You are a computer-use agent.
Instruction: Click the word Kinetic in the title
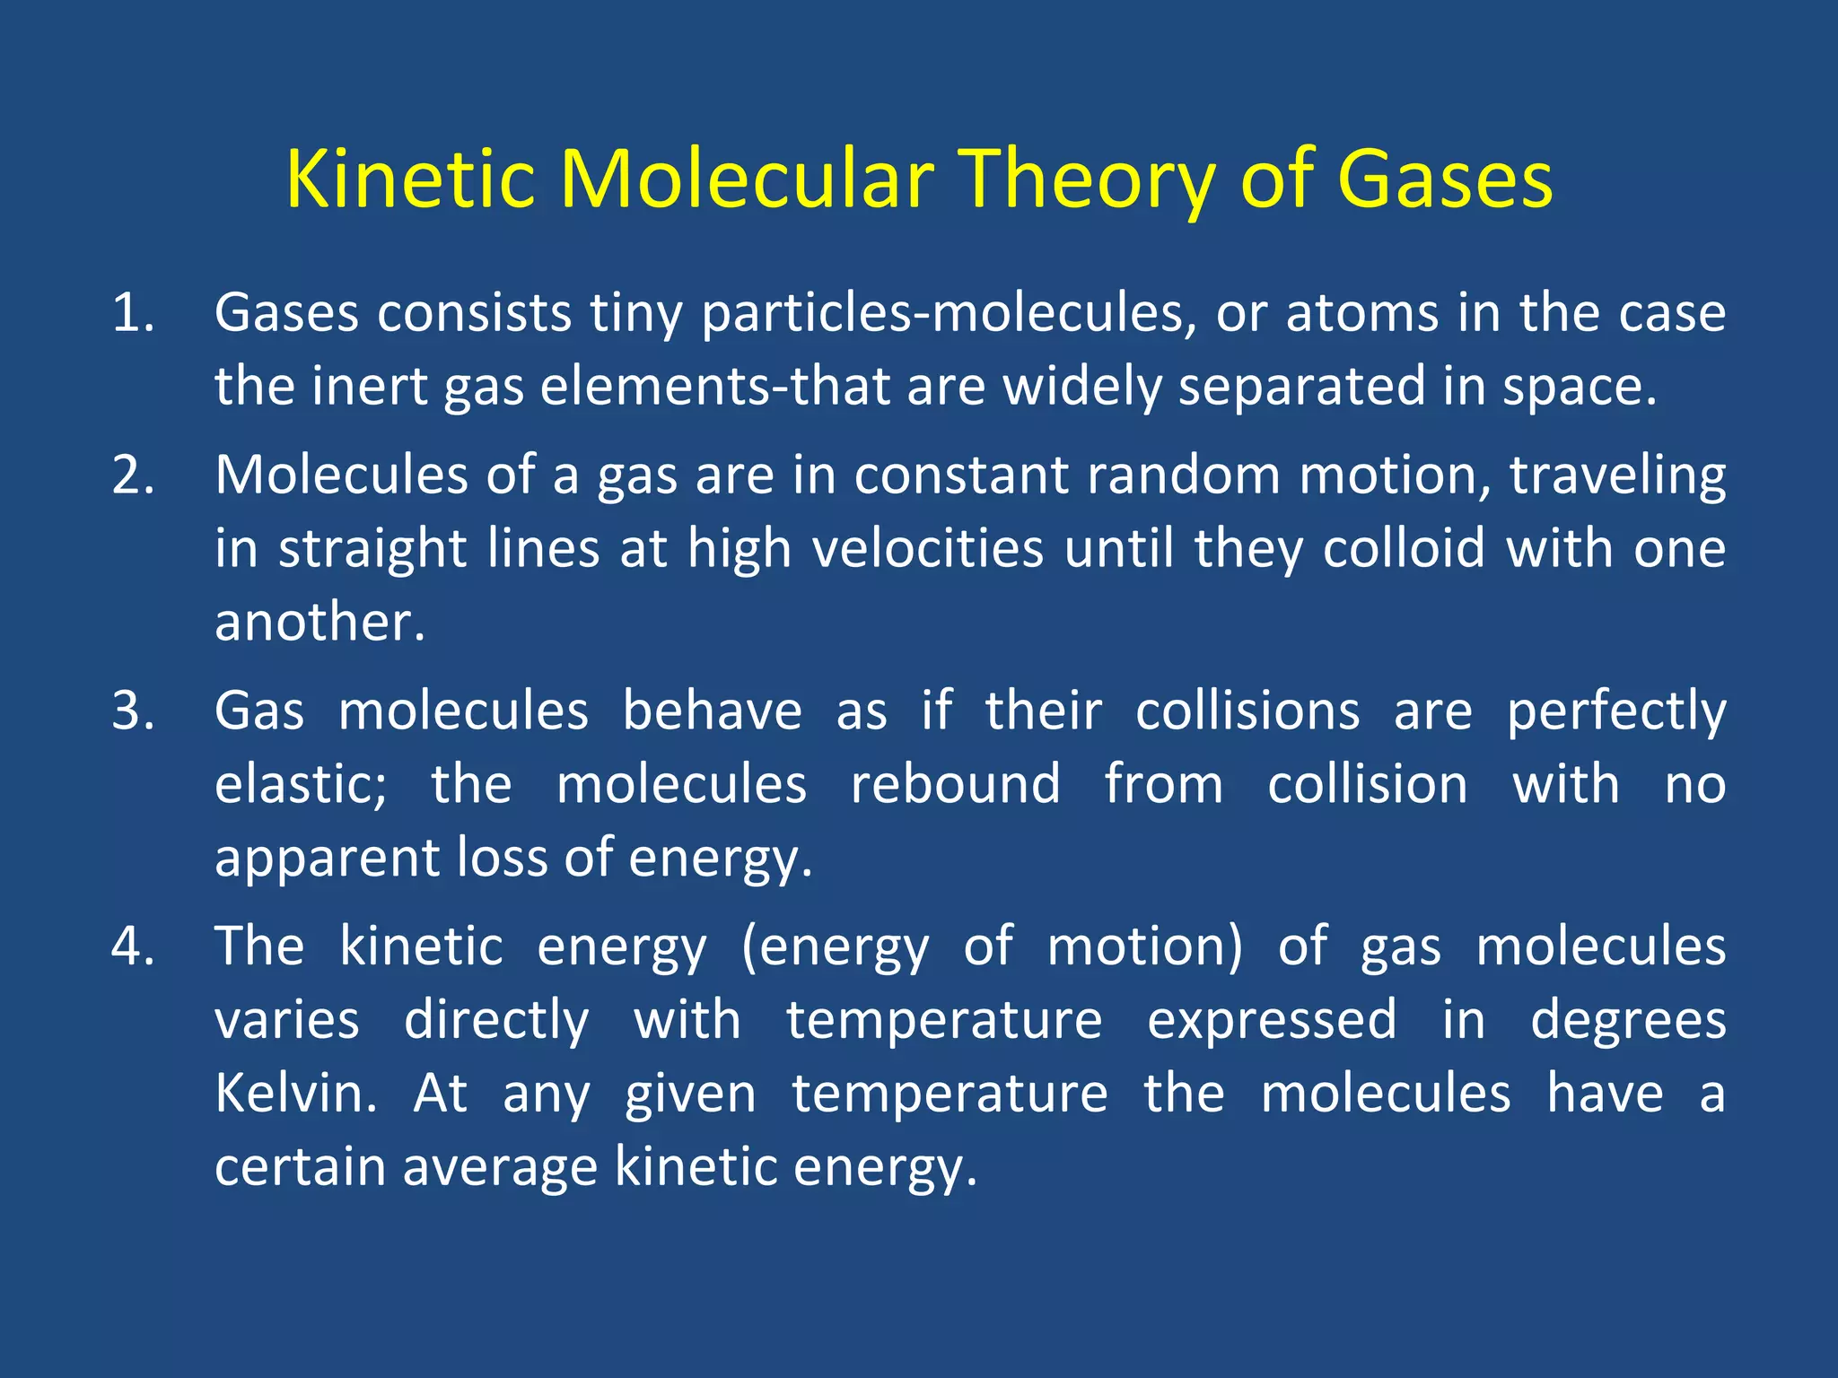pos(410,179)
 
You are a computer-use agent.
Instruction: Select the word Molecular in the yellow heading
pos(747,179)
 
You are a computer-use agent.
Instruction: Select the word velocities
pos(928,548)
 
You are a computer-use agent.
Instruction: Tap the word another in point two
pos(319,622)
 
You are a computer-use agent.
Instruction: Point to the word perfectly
pos(1615,713)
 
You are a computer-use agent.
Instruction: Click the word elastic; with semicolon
pos(301,785)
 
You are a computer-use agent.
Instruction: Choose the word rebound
pos(955,785)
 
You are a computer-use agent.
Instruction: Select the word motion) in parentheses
pos(1145,947)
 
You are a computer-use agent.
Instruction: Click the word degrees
pos(1628,1021)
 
